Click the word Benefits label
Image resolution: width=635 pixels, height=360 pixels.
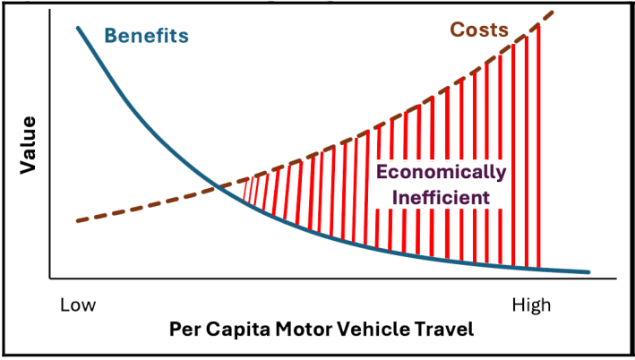[147, 37]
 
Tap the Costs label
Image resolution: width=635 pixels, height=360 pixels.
[479, 30]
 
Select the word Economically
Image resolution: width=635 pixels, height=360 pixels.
[441, 172]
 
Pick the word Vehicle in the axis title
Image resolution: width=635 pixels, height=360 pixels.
[371, 329]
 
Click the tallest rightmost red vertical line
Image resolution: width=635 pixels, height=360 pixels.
[539, 143]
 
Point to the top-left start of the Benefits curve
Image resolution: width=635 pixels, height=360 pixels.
[78, 28]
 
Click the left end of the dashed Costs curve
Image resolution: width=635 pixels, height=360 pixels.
[78, 220]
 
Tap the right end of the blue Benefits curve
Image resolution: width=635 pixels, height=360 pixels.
[588, 271]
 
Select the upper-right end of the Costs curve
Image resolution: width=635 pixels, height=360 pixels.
[553, 12]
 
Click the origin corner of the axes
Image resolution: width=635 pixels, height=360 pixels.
[50, 277]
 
